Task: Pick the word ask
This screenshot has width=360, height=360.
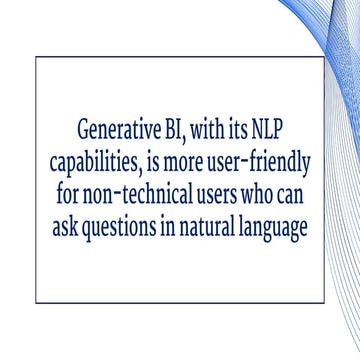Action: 66,227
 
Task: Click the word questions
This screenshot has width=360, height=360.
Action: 124,227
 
